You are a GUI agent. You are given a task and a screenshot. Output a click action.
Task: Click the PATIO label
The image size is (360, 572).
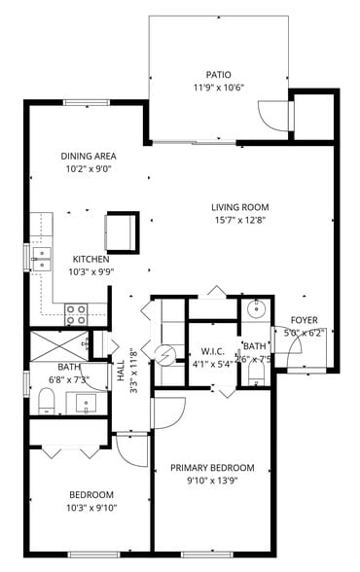[218, 74]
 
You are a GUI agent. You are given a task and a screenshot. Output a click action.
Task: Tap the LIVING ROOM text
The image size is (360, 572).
[240, 207]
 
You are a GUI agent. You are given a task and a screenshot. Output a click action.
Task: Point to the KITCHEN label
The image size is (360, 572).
[91, 260]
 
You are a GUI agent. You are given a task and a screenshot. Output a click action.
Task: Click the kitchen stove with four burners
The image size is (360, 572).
[76, 313]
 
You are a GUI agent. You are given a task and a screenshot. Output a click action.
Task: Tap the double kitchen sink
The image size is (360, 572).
[41, 257]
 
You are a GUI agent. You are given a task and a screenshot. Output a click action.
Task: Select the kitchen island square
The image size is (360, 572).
[123, 231]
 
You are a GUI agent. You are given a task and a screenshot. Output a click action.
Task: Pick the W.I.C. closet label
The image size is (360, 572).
[213, 351]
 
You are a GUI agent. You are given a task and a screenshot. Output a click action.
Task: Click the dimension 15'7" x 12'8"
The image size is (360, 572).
[240, 220]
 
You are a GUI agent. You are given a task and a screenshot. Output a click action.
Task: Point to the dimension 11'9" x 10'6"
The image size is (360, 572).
[218, 87]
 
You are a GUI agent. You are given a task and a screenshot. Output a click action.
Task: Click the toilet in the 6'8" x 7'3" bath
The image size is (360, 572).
[45, 399]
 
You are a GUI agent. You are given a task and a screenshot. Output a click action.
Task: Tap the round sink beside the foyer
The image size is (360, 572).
[256, 310]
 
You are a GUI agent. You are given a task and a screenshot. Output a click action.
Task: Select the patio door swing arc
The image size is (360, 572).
[271, 116]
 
